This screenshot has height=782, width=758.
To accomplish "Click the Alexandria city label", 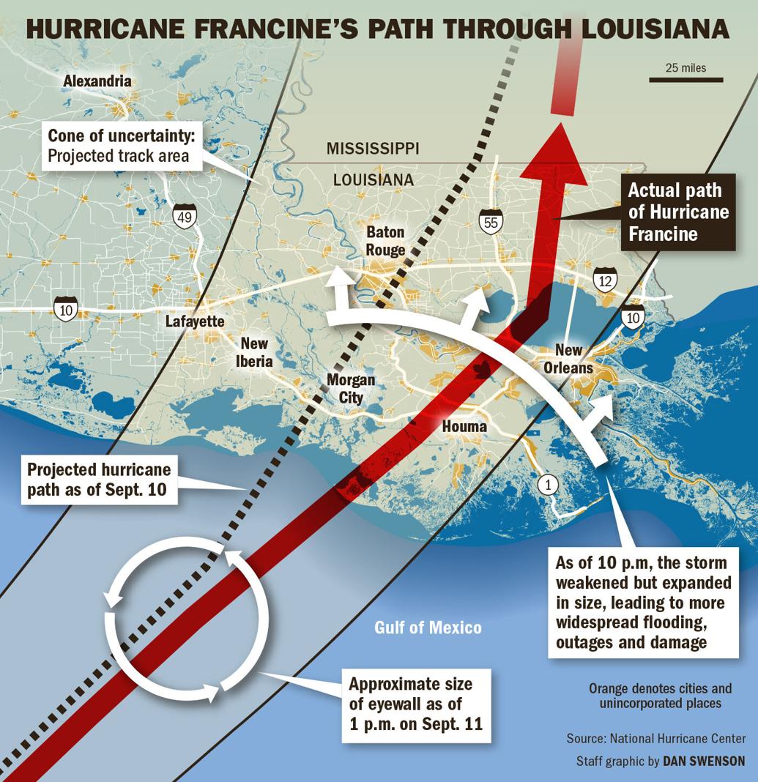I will pyautogui.click(x=97, y=81).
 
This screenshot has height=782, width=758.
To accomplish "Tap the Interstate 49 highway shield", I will pyautogui.click(x=185, y=216).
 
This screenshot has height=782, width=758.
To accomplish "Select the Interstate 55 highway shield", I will pyautogui.click(x=491, y=221).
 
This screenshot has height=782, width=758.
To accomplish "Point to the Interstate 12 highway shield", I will pyautogui.click(x=605, y=279).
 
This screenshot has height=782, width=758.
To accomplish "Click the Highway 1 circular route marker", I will pyautogui.click(x=547, y=483).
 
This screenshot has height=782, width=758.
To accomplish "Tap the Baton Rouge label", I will pyautogui.click(x=386, y=241).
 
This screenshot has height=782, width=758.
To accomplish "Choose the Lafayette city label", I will pyautogui.click(x=195, y=321).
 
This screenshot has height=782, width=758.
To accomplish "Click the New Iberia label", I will pyautogui.click(x=256, y=352).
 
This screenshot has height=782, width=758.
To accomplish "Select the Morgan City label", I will pyautogui.click(x=351, y=388).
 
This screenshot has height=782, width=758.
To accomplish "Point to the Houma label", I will pyautogui.click(x=464, y=426).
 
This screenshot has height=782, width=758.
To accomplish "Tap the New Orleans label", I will pyautogui.click(x=568, y=359).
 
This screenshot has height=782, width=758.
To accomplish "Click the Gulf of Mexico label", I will pyautogui.click(x=428, y=628).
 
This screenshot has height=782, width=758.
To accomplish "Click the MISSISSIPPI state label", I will pyautogui.click(x=373, y=149).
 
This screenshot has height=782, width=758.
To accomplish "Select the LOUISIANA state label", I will pyautogui.click(x=374, y=179).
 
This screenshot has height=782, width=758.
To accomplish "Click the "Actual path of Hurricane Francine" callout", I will pyautogui.click(x=675, y=212).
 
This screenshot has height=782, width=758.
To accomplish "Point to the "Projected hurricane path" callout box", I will pyautogui.click(x=99, y=480).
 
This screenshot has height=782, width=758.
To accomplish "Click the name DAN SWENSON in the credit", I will pyautogui.click(x=704, y=761).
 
